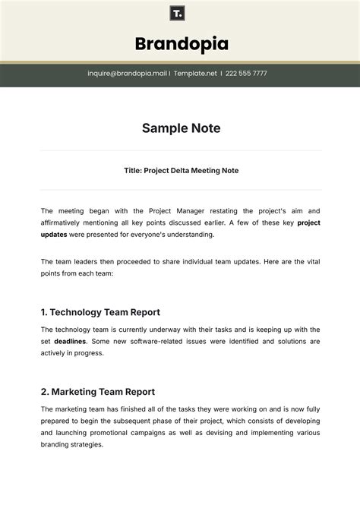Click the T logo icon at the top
[x=177, y=13]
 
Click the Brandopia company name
[x=181, y=43]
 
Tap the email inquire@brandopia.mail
[x=127, y=74]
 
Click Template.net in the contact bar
[x=195, y=74]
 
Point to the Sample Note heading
[x=181, y=128]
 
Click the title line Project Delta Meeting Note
[x=181, y=171]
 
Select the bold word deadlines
[x=69, y=342]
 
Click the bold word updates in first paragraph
[x=54, y=235]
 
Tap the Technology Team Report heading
[x=100, y=312]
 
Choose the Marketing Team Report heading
[x=98, y=392]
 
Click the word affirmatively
[x=68, y=222]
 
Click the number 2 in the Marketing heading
[x=44, y=392]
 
